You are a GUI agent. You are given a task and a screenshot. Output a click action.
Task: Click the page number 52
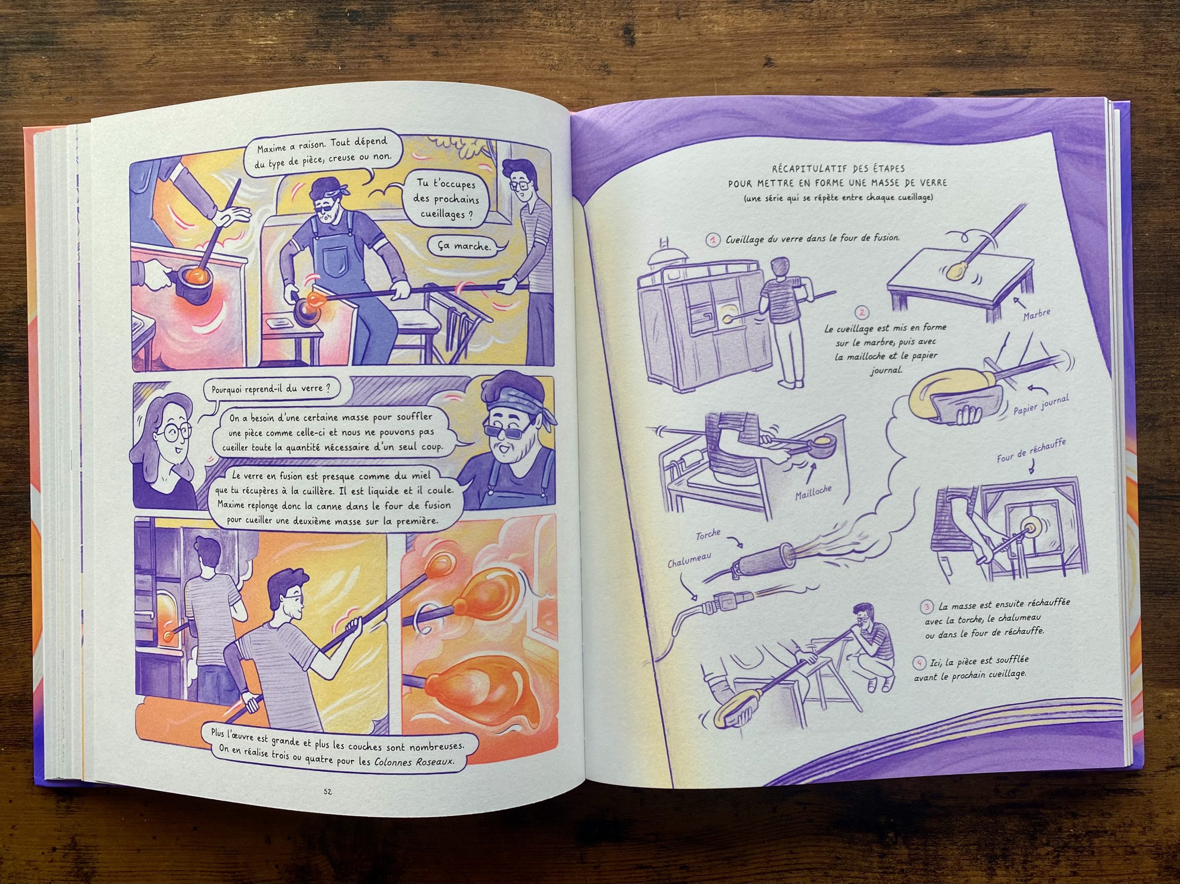tap(328, 792)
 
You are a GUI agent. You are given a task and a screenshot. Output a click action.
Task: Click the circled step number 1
tap(713, 240)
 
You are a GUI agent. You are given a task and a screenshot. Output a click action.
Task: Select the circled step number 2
tap(861, 312)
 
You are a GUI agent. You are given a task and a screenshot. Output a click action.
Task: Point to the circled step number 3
tap(927, 607)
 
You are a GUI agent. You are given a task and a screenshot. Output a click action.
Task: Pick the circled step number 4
tap(919, 663)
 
